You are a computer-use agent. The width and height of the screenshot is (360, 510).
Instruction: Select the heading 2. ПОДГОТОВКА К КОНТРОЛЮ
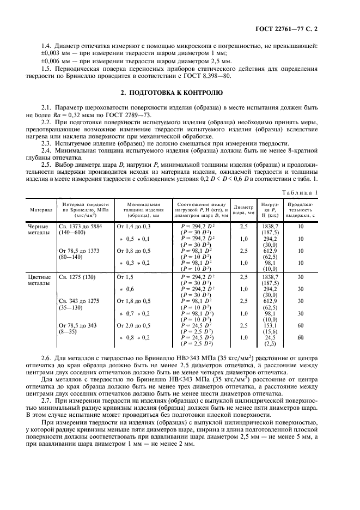[x=180, y=93]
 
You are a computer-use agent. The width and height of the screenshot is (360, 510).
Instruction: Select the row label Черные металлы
[x=39, y=229]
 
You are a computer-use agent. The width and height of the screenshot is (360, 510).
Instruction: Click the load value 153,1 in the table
[x=271, y=325]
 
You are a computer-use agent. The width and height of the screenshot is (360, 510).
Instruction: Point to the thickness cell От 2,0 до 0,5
[x=134, y=325]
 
